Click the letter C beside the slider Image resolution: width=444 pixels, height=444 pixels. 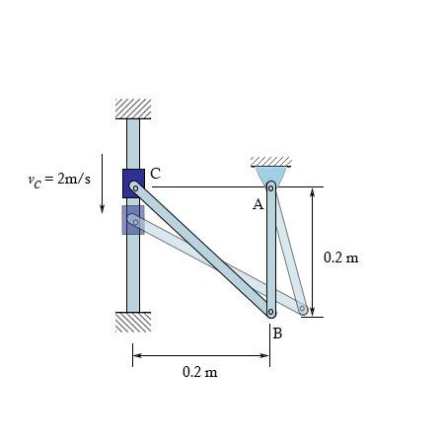point(156,174)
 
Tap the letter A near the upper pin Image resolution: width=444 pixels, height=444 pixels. point(259,204)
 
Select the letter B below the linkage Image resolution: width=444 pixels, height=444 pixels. point(277,333)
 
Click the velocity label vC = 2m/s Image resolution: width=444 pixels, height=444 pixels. point(59,180)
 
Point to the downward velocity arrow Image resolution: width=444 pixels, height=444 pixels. point(102,184)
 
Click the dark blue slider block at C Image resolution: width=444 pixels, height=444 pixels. point(133,184)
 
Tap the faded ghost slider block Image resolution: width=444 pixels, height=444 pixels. point(133,220)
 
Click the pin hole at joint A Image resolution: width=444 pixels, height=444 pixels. point(270,188)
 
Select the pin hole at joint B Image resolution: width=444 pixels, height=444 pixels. point(270,312)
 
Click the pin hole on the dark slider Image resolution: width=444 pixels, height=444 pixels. point(135,188)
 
